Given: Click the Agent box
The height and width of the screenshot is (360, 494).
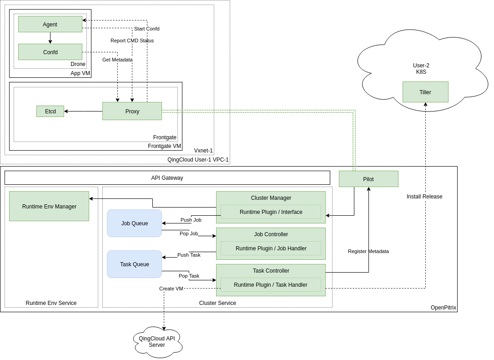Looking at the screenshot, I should (50, 24).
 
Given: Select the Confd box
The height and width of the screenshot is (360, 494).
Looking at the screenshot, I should (50, 52).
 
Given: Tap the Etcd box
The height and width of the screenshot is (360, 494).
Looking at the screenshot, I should (50, 111).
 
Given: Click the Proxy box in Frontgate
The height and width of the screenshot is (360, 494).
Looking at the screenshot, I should (132, 111).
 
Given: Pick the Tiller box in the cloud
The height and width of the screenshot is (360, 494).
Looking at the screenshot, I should (425, 92).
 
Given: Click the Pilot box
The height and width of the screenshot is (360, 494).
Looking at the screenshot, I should (368, 179).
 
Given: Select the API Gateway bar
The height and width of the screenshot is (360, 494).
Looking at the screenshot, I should (167, 177).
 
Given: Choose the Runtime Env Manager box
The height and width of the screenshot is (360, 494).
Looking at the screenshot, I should (49, 206).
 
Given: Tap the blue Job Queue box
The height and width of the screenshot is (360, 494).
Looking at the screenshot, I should (134, 223).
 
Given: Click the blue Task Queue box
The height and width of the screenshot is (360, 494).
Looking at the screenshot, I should (134, 264).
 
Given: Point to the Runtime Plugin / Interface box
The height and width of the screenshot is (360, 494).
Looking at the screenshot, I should (271, 212).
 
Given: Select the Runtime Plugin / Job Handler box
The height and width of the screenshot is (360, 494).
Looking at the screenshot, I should (271, 248).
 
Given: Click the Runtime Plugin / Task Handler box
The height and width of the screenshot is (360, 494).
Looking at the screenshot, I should (271, 284).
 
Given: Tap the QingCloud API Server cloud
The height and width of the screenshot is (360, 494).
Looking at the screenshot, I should (157, 342).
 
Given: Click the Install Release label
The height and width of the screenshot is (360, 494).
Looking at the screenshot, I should (424, 197).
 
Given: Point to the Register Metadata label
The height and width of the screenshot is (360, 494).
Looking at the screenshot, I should (368, 251).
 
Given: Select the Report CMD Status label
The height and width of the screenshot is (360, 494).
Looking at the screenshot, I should (132, 41).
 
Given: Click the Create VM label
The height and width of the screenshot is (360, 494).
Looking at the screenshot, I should (171, 289).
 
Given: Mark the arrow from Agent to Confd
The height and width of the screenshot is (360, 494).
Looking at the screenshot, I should (50, 38).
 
